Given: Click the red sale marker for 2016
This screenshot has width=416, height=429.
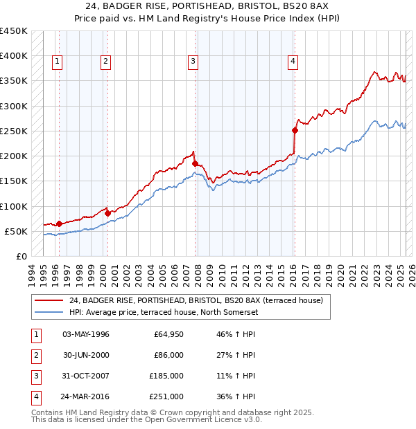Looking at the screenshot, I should point(295,129).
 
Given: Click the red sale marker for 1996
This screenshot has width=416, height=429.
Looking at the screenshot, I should point(59,223).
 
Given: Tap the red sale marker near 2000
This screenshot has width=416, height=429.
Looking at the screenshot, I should point(108,213).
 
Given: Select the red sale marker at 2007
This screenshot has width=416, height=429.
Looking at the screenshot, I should point(195,163).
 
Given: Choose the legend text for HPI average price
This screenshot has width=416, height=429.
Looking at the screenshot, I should point(163,312).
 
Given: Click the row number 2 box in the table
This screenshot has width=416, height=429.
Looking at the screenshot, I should point(35,355).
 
